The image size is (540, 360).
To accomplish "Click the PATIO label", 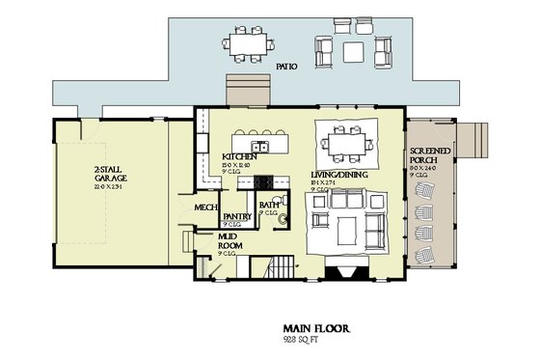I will [287, 68].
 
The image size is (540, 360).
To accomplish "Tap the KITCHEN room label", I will [238, 156].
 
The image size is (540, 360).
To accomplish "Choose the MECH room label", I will [204, 208].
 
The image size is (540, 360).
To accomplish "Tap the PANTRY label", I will [237, 217].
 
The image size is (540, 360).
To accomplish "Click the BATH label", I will [269, 205].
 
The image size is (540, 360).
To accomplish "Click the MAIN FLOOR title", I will [316, 328].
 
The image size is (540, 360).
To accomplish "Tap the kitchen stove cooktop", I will [263, 180].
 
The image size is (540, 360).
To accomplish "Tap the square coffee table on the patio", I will [356, 50].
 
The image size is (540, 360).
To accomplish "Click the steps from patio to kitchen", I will [239, 89].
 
